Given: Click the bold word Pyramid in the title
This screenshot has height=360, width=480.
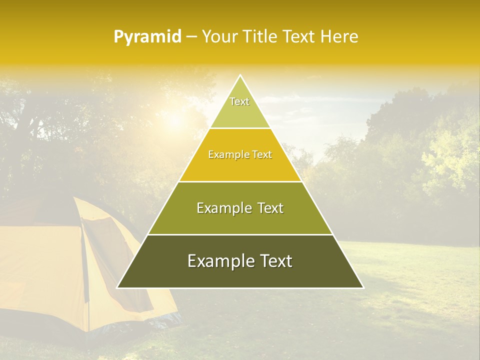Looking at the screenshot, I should [147, 37].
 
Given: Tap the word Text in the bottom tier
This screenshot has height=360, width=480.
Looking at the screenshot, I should [274, 261].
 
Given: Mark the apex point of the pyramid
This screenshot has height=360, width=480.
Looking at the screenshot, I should [240, 75].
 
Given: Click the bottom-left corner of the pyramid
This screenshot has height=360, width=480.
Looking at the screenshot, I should [117, 287].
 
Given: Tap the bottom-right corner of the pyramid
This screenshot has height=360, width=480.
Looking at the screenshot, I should [363, 287].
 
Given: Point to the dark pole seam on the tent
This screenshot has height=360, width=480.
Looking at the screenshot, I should [85, 260].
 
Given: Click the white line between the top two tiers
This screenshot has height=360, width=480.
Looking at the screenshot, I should [240, 128].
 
